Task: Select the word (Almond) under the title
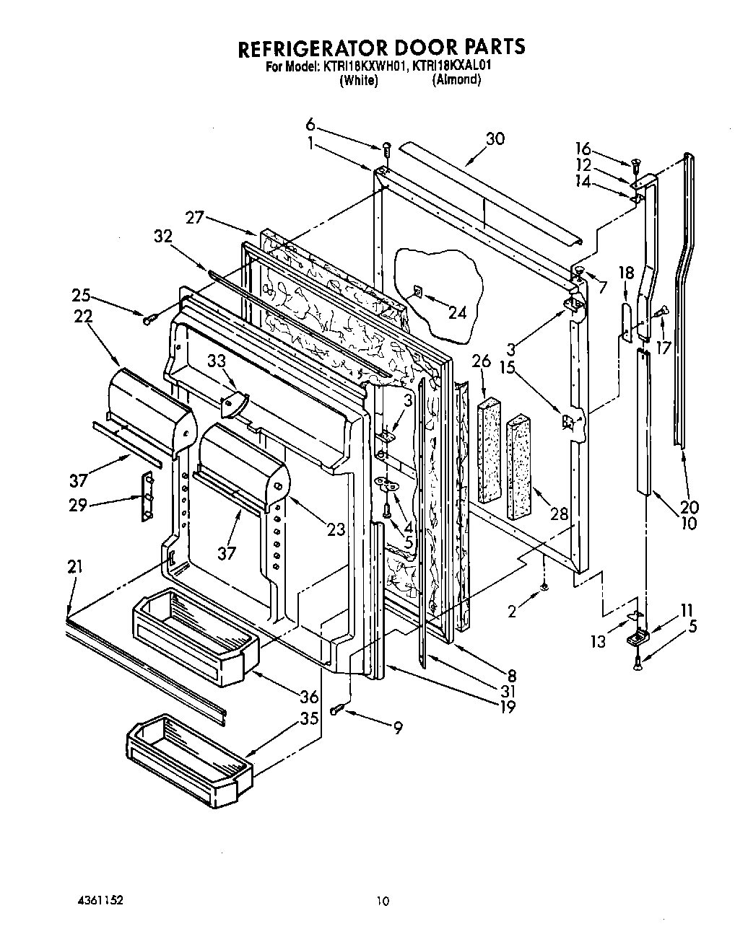456,80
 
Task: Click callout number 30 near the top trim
495,138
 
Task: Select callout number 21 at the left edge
75,567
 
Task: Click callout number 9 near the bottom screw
397,728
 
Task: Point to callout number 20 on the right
689,506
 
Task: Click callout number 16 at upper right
583,149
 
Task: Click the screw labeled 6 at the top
387,149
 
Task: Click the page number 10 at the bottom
383,901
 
